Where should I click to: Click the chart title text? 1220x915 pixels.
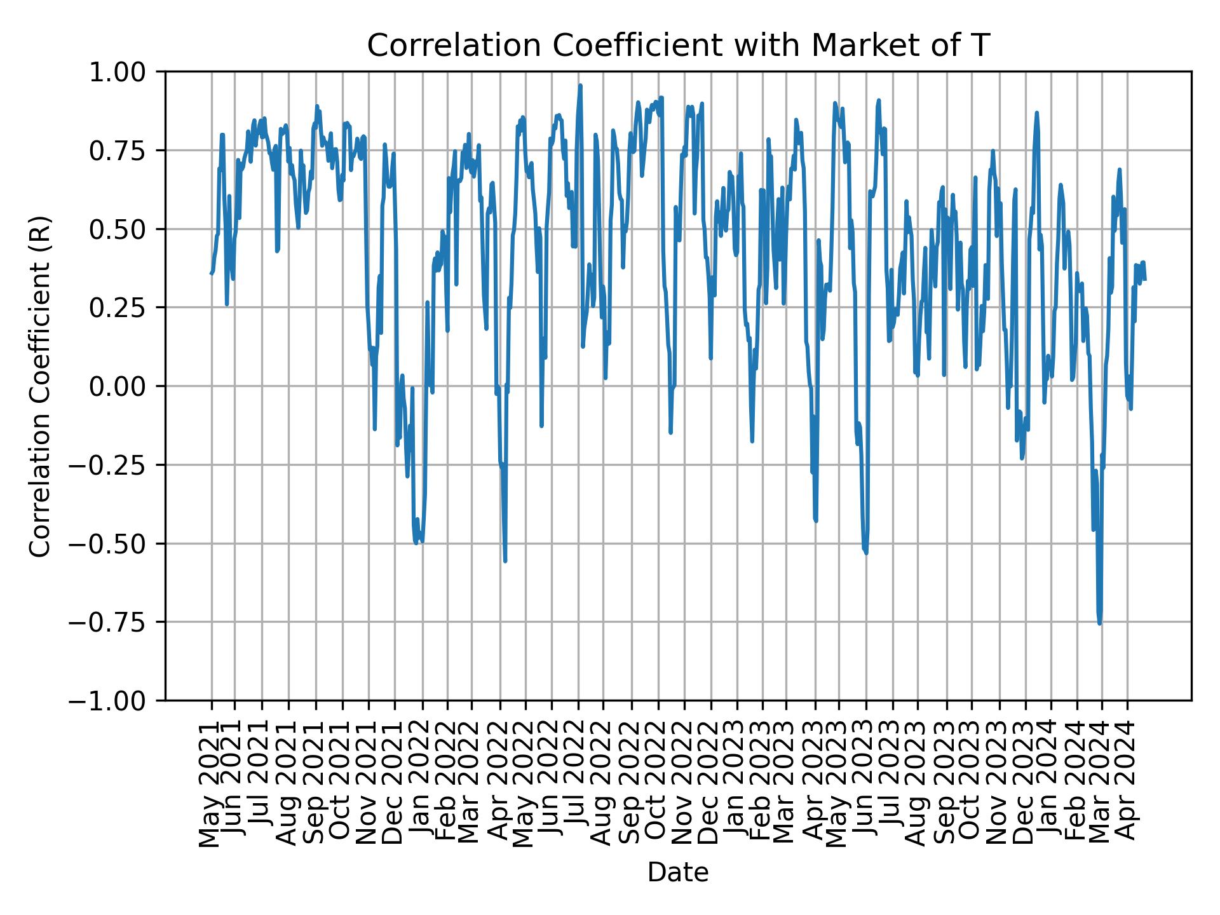(x=678, y=46)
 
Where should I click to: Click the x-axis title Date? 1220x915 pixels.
(x=678, y=872)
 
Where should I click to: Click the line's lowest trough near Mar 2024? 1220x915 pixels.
(x=1099, y=623)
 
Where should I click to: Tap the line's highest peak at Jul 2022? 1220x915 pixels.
(x=579, y=85)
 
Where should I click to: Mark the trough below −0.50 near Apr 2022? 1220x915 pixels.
(x=505, y=561)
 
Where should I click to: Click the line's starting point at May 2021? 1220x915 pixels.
(x=211, y=273)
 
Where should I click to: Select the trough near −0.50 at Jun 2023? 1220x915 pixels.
(x=865, y=553)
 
